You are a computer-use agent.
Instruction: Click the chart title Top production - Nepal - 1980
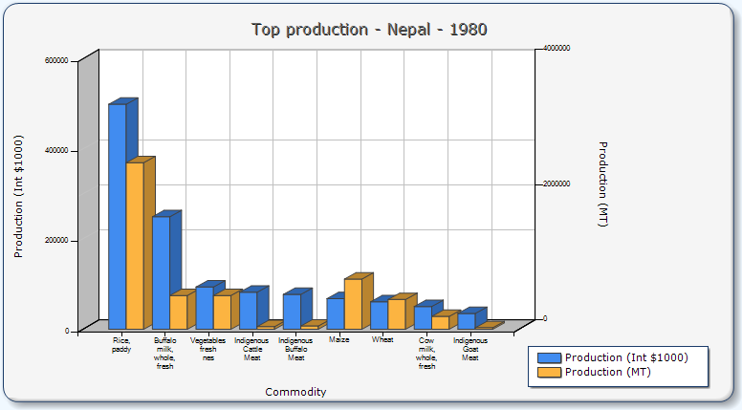pyautogui.click(x=369, y=29)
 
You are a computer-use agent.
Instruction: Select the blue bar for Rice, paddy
pyautogui.click(x=117, y=216)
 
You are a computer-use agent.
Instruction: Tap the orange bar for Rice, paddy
pyautogui.click(x=135, y=246)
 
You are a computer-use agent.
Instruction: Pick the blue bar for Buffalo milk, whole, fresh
pyautogui.click(x=161, y=272)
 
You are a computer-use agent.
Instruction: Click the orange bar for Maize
pyautogui.click(x=353, y=304)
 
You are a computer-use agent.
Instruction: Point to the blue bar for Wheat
pyautogui.click(x=379, y=314)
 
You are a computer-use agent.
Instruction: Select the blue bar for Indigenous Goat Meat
pyautogui.click(x=466, y=321)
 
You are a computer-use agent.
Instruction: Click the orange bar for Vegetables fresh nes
pyautogui.click(x=222, y=312)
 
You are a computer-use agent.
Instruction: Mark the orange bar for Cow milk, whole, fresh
pyautogui.click(x=440, y=322)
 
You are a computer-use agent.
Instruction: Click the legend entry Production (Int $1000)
pyautogui.click(x=625, y=357)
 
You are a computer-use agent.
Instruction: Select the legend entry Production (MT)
pyautogui.click(x=607, y=372)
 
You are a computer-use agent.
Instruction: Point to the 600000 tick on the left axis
pyautogui.click(x=56, y=60)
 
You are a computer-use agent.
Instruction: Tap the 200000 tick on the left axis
pyautogui.click(x=56, y=241)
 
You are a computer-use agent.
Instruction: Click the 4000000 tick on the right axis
pyautogui.click(x=556, y=48)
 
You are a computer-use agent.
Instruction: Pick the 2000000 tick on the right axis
pyautogui.click(x=556, y=183)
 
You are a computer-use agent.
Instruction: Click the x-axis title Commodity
pyautogui.click(x=295, y=392)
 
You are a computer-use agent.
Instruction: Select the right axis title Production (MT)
pyautogui.click(x=602, y=183)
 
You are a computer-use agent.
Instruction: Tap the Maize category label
pyautogui.click(x=338, y=339)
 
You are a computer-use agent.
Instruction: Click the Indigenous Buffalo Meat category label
pyautogui.click(x=295, y=349)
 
